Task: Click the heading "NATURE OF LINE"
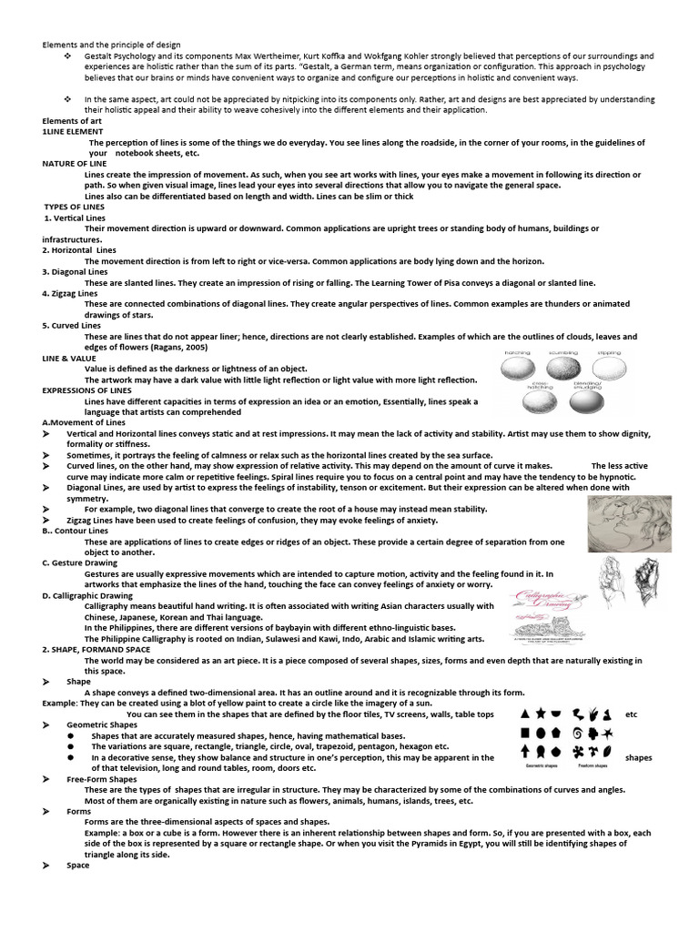(74, 163)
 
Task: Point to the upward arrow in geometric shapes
(525, 752)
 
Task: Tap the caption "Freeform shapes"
(593, 767)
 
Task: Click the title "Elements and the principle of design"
(111, 45)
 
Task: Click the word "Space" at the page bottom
(78, 866)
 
